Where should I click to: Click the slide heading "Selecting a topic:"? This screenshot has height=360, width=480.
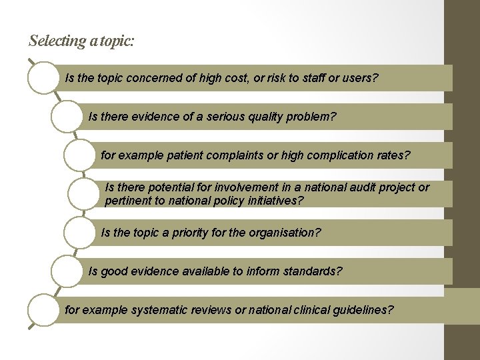click(81, 41)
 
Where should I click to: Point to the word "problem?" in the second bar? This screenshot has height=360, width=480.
click(311, 117)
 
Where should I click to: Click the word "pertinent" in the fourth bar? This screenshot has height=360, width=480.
click(128, 199)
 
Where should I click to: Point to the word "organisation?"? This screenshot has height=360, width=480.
click(285, 233)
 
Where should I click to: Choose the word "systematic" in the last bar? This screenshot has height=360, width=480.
click(158, 310)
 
